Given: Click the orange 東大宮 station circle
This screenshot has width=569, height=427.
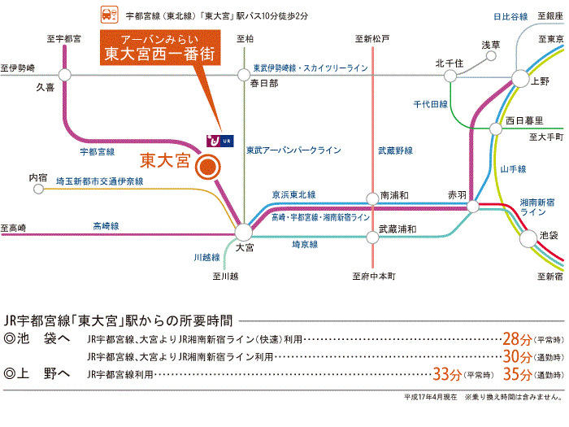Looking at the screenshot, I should point(207,168).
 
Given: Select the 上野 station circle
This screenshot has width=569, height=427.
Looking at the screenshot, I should point(520,78).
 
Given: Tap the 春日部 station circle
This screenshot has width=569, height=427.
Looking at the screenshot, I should point(243,74).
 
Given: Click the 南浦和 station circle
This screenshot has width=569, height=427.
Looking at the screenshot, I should point(373,196).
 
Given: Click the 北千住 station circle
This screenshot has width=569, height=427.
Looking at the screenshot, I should point(449,76).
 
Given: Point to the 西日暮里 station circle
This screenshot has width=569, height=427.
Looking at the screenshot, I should point(496,129).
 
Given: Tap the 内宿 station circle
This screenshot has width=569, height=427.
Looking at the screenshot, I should point(38,189).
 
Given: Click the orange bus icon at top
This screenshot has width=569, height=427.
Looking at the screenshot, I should point(106,14).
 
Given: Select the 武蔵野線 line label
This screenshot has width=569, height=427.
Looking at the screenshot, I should point(372,150).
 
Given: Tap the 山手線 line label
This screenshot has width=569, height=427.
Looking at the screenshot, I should point(514,168).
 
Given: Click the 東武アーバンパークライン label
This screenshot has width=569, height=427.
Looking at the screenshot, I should point(293,150).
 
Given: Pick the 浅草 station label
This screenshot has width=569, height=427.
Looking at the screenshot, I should point(492,45).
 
